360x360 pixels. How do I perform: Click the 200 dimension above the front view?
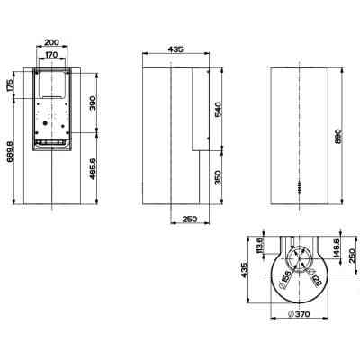pos(51,42)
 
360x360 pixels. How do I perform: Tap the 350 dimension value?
pos(216,177)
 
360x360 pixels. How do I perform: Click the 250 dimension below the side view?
pos(190,219)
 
